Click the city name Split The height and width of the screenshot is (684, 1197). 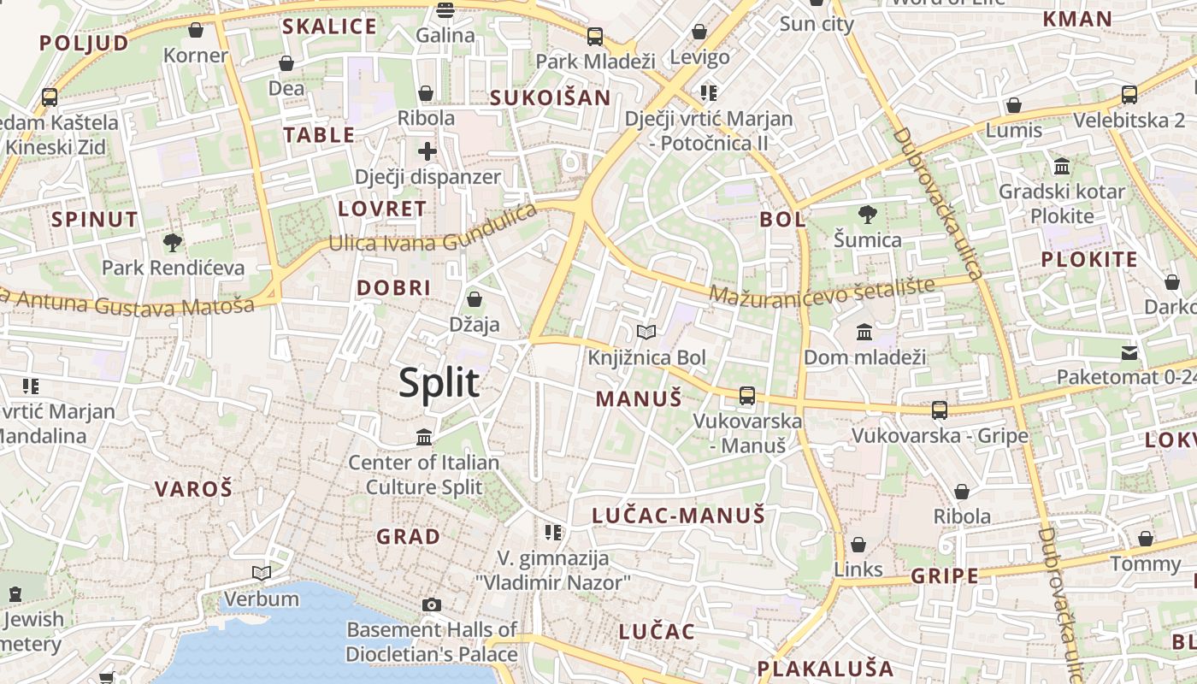pos(439,383)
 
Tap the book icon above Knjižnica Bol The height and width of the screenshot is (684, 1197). pos(647,332)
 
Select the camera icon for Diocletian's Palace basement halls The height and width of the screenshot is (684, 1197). pos(432,604)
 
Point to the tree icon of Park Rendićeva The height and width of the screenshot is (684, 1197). pos(173,243)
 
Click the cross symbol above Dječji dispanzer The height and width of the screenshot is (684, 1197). pos(427,152)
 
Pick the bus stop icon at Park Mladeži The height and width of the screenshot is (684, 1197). pos(594,37)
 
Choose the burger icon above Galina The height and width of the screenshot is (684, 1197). pos(445,10)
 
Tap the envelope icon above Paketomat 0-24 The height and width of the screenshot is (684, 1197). pos(1129,351)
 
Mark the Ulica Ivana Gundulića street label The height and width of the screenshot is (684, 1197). pos(433,231)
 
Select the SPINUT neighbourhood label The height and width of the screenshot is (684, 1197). pos(94,219)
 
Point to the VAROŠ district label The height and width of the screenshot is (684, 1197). pos(193,489)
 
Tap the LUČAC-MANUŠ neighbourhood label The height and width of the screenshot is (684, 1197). pos(679,516)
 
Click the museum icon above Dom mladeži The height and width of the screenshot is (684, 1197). pos(864,332)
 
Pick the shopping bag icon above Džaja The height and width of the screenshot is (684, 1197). pos(474,299)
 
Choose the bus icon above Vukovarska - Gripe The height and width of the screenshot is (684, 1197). pos(940,410)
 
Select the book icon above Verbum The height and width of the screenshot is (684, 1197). pos(262,573)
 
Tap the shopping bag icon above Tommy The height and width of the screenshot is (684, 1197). pos(1146,539)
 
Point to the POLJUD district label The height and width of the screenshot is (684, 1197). pos(84,43)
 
